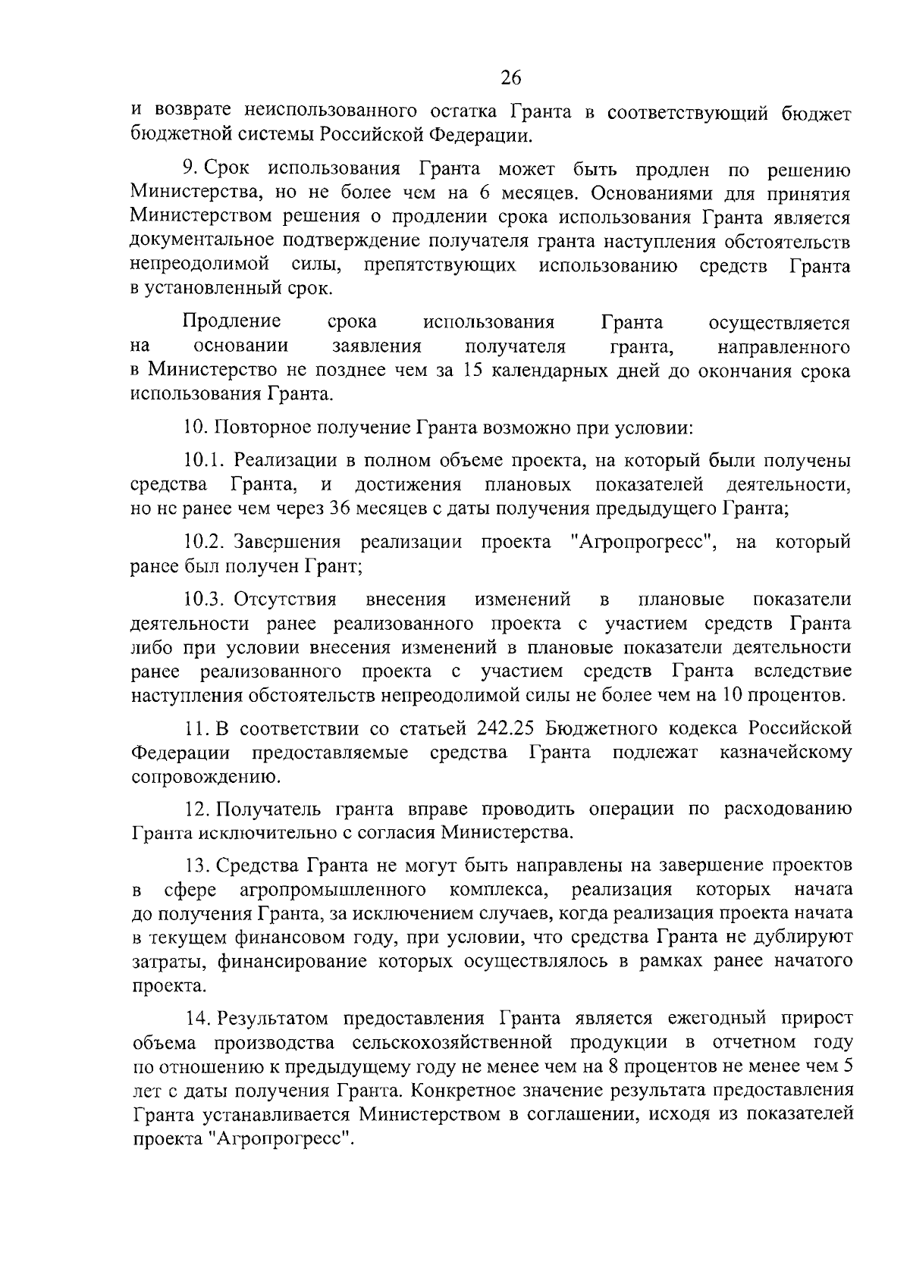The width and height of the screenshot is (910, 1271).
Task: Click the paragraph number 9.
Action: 190,168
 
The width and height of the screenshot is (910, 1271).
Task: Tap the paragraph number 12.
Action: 195,809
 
